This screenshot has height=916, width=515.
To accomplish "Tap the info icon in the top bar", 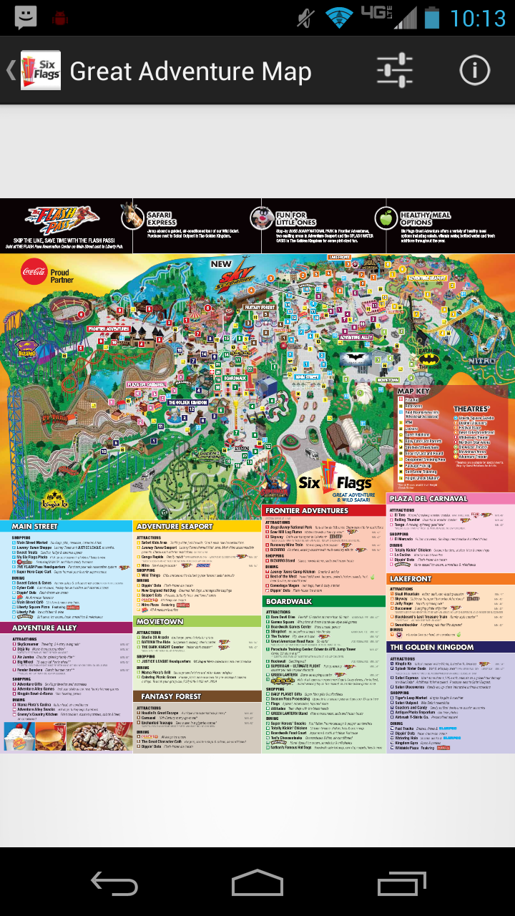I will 474,71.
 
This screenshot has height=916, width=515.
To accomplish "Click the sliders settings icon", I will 394,71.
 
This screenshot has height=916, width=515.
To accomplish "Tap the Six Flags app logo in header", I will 41,71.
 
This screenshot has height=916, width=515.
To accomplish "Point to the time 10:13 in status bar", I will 478,17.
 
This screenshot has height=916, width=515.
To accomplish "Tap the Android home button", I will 257,884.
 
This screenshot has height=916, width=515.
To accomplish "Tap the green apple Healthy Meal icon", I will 386,218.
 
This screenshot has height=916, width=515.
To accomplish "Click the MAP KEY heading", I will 413,391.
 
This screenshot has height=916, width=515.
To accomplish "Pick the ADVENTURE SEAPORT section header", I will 175,526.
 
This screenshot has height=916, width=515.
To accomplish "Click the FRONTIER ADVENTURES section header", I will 306,510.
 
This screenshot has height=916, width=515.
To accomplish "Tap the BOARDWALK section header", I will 289,602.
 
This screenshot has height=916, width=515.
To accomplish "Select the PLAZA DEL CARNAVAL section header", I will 428,499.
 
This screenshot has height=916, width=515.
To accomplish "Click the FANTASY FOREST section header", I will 171,696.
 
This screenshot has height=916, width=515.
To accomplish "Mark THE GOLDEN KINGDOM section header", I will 431,647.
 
